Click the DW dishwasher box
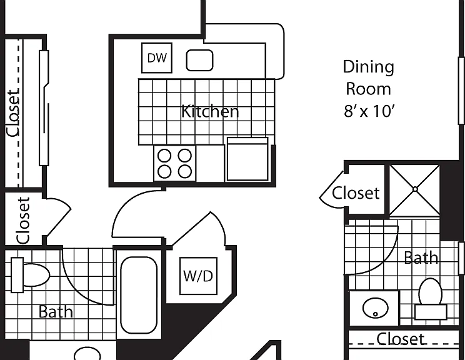tap(157, 58)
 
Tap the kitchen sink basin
tap(199, 60)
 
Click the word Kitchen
tap(210, 111)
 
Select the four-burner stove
tap(174, 163)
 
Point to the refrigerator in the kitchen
tap(247, 159)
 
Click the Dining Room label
tap(368, 77)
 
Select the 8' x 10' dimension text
tap(369, 111)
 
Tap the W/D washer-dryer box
tap(198, 276)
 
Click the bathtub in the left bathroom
tap(139, 295)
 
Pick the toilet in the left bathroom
tap(30, 275)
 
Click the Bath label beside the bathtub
tap(56, 312)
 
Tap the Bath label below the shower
tap(421, 257)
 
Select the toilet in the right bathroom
tap(430, 299)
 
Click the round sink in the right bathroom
tap(376, 307)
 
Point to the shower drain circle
tap(415, 189)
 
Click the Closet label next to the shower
tap(356, 193)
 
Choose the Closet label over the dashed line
tap(401, 339)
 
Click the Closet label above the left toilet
tap(23, 221)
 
